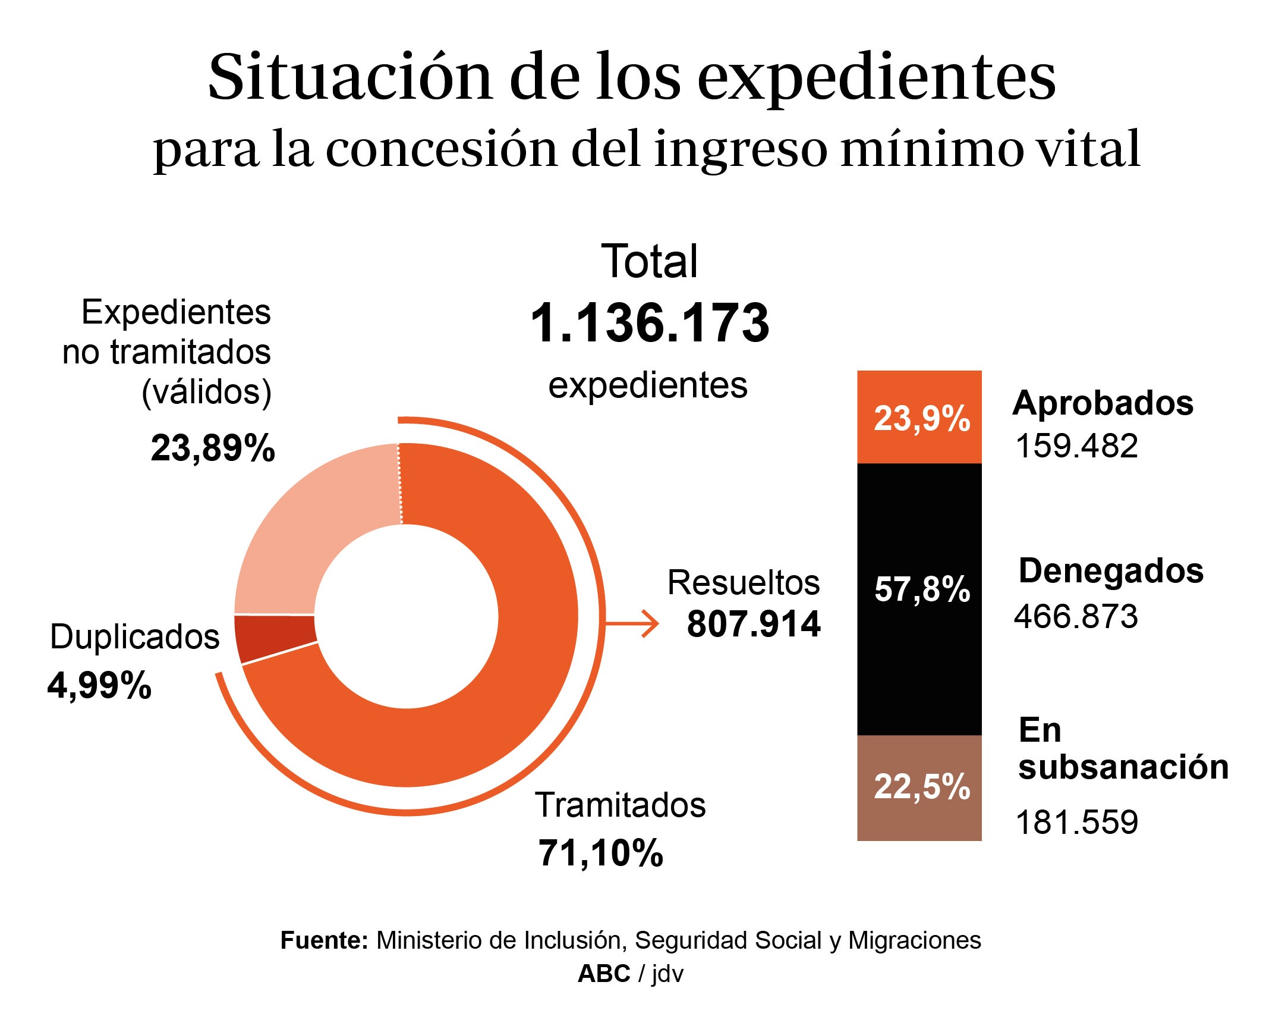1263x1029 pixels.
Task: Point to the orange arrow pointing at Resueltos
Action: click(x=634, y=624)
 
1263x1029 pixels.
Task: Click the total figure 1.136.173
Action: click(x=649, y=323)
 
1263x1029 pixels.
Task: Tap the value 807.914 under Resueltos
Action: click(x=753, y=624)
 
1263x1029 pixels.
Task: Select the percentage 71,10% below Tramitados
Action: click(x=600, y=853)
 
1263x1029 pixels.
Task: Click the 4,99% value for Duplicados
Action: click(x=99, y=685)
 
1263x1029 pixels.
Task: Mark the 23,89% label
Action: click(x=213, y=448)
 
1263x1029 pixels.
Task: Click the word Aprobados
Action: click(x=1103, y=403)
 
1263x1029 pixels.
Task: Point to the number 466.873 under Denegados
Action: click(x=1076, y=616)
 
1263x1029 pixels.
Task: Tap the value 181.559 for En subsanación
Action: click(x=1076, y=822)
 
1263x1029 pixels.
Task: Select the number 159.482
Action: click(x=1076, y=446)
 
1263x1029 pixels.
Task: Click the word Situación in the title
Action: click(x=351, y=77)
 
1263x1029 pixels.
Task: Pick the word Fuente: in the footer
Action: click(x=325, y=940)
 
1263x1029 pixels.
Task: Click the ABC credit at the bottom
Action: click(x=604, y=974)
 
